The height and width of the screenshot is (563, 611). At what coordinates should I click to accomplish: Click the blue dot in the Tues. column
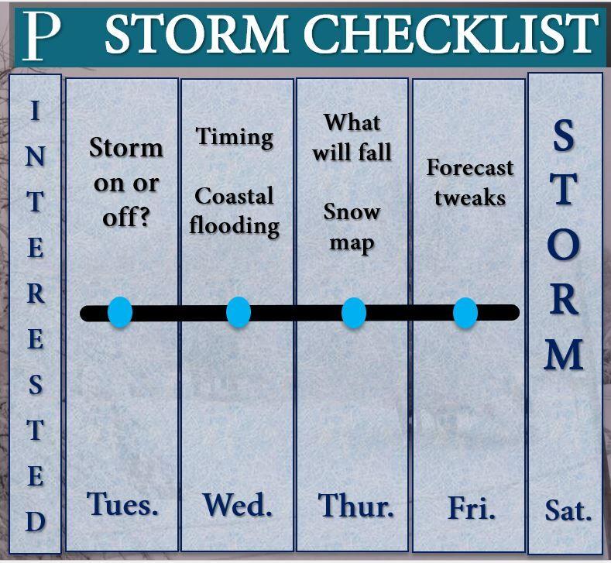click(x=120, y=312)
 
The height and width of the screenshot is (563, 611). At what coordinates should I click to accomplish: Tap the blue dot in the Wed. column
click(x=239, y=312)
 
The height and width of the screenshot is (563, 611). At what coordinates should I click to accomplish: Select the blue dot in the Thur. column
click(x=354, y=313)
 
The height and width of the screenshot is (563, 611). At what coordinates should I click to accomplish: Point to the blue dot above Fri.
click(x=465, y=313)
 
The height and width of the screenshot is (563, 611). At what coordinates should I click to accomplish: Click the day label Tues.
click(x=122, y=504)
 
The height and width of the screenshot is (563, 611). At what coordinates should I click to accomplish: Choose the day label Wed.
click(x=237, y=505)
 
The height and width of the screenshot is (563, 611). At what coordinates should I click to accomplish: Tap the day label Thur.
click(x=355, y=506)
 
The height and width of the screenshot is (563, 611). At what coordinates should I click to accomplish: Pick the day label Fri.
click(x=472, y=507)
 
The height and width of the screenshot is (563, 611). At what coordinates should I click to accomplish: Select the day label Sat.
click(x=568, y=510)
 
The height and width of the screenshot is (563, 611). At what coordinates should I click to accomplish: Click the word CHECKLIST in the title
click(x=451, y=33)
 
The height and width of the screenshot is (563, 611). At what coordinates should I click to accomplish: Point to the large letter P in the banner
click(x=42, y=36)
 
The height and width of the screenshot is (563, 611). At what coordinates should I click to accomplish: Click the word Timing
click(x=235, y=138)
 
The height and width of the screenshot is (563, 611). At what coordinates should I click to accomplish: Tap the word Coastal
click(x=234, y=196)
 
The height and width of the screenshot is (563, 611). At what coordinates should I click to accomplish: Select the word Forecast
click(x=470, y=167)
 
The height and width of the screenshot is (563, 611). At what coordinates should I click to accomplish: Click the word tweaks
click(x=470, y=197)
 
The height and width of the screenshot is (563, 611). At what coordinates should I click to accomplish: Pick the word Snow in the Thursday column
click(x=352, y=212)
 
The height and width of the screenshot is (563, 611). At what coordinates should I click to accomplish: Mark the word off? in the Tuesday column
click(x=126, y=218)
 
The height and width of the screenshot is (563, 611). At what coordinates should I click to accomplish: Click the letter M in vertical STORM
click(x=564, y=354)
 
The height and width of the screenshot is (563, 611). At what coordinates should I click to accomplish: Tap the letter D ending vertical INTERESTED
click(x=36, y=521)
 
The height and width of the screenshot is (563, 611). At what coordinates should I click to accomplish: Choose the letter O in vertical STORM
click(x=564, y=245)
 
